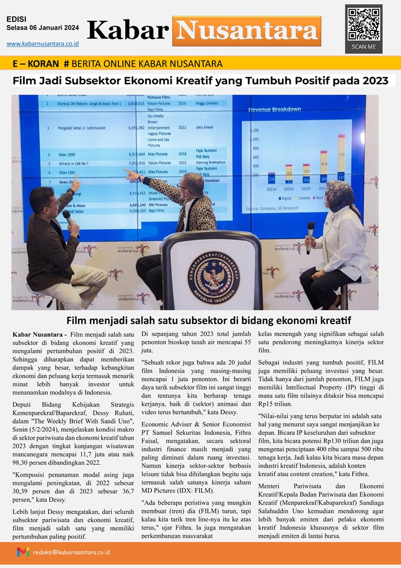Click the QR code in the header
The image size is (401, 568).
[x=363, y=23]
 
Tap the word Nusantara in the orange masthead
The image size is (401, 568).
[x=246, y=30]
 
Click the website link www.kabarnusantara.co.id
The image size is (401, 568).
[x=42, y=44]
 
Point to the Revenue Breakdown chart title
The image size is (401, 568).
[x=275, y=109]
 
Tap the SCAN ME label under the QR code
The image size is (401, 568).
[x=363, y=47]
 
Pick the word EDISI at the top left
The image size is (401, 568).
[x=16, y=19]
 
